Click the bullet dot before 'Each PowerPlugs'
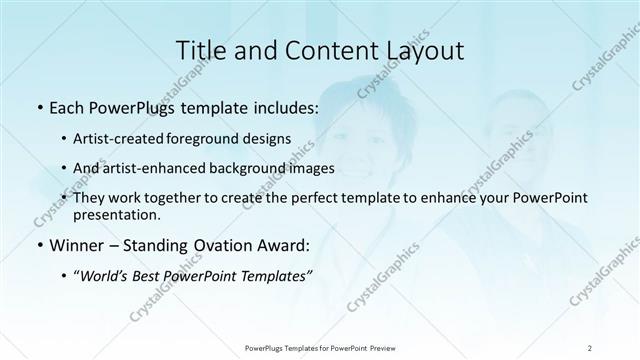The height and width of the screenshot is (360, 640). tap(38, 106)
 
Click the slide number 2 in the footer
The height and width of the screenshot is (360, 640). tap(591, 348)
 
